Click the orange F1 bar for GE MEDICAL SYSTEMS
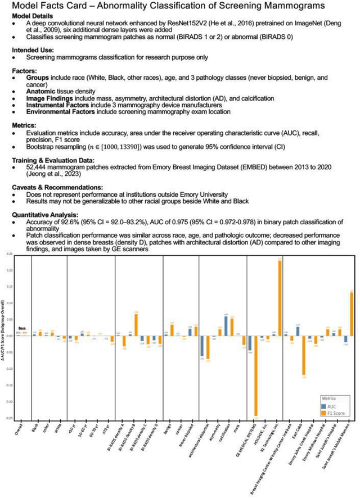coord(256,376)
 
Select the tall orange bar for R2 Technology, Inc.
coord(280,298)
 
